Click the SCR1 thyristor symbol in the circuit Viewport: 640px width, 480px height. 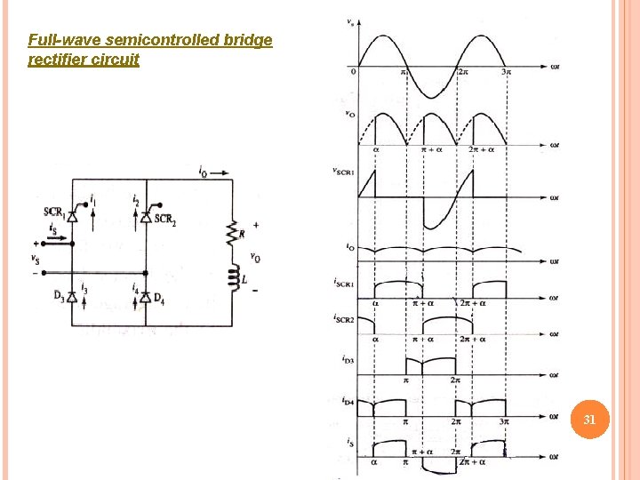(x=73, y=215)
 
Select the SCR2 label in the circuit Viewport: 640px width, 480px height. (x=164, y=220)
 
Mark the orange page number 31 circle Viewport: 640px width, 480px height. (x=588, y=420)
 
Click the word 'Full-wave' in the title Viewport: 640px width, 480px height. (x=64, y=41)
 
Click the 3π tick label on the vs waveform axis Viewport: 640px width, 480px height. (x=506, y=72)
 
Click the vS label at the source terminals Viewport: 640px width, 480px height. (x=35, y=260)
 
